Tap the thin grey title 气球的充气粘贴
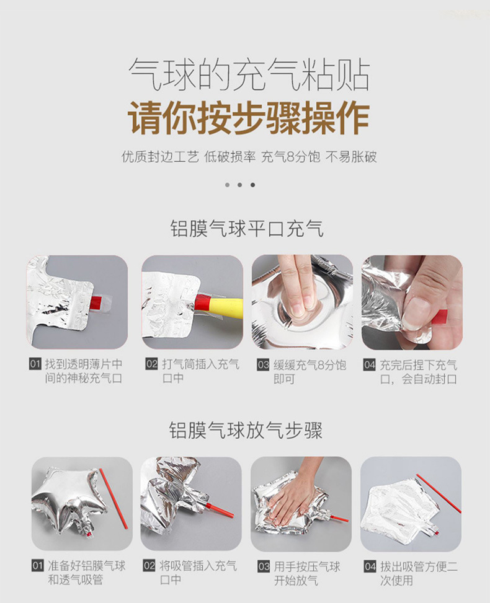[x=249, y=74]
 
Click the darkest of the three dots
[x=252, y=185]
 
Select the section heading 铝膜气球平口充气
[x=247, y=229]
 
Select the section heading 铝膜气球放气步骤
[x=246, y=430]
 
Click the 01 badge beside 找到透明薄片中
[x=35, y=364]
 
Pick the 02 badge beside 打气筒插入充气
[x=151, y=363]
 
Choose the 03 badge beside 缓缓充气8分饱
[x=263, y=364]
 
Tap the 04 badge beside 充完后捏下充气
[x=369, y=364]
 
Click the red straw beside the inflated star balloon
[x=114, y=499]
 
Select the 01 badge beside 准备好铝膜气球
[x=38, y=566]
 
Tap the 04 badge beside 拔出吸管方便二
[x=370, y=566]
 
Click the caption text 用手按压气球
[x=307, y=566]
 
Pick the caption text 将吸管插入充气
[x=198, y=566]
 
